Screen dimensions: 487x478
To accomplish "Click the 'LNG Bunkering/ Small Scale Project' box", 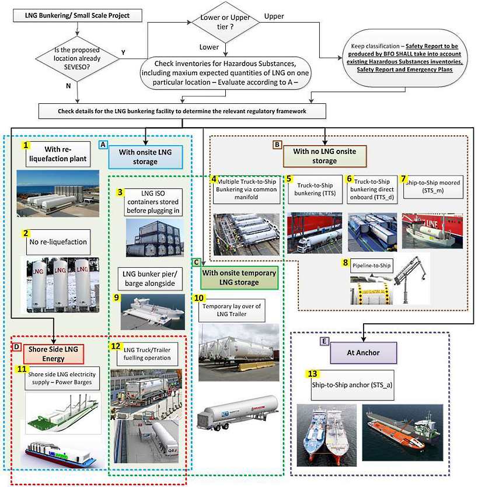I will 78,15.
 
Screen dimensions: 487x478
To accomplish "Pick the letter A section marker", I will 103,143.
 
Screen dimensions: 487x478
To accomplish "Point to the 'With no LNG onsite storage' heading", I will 325,157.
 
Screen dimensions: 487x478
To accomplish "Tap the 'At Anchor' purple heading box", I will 364,352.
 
